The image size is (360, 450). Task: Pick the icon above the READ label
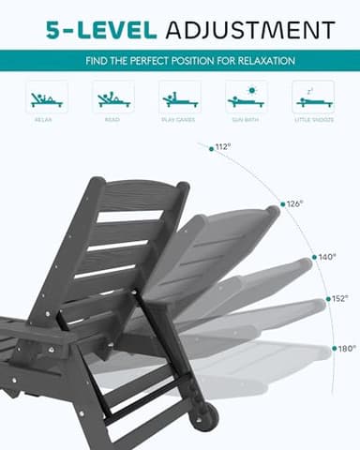coord(112,97)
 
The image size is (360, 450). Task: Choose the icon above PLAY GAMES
coord(179,97)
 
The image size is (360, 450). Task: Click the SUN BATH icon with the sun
coord(246,97)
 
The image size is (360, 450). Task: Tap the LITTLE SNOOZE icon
coord(312,97)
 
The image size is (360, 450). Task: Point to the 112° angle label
coord(223,147)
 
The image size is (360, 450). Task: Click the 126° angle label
coord(295,203)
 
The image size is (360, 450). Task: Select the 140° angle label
coord(326,256)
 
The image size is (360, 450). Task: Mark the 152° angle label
coord(338,298)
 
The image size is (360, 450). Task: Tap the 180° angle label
coord(347,348)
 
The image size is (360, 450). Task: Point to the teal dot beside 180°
coord(334,348)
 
